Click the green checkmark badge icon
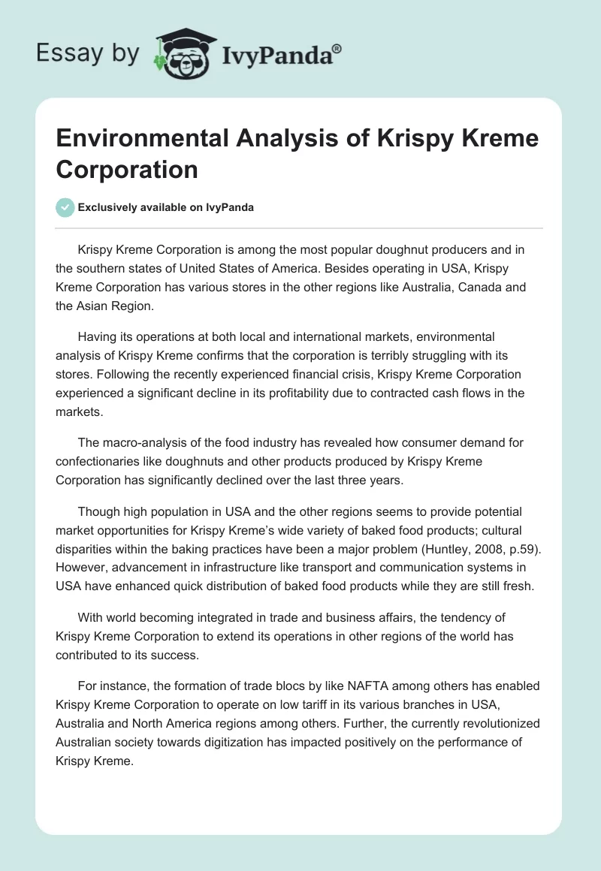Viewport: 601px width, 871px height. coord(65,207)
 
